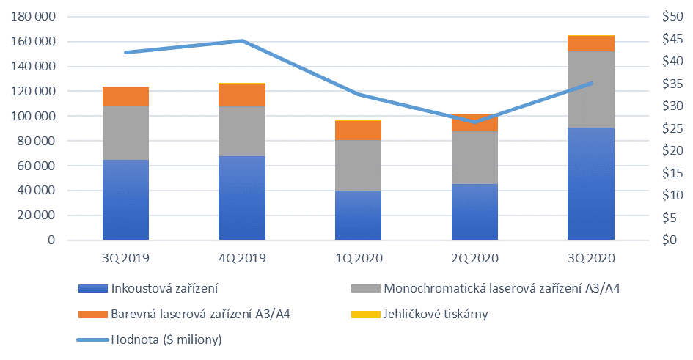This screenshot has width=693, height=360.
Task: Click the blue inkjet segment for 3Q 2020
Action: click(590, 183)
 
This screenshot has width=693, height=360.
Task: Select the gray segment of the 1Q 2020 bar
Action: click(358, 165)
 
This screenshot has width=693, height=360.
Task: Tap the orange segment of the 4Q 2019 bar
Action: click(242, 95)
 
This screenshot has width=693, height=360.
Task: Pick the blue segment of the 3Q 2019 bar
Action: click(125, 199)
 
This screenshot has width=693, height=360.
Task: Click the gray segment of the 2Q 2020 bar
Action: click(474, 158)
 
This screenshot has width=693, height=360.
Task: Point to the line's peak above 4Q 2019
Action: click(242, 41)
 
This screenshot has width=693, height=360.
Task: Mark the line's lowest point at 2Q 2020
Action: click(474, 122)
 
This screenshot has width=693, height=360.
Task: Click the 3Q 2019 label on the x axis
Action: click(125, 258)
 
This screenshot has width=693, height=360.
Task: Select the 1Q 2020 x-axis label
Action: click(358, 258)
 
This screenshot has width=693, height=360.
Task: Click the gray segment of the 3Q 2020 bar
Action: click(590, 89)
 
